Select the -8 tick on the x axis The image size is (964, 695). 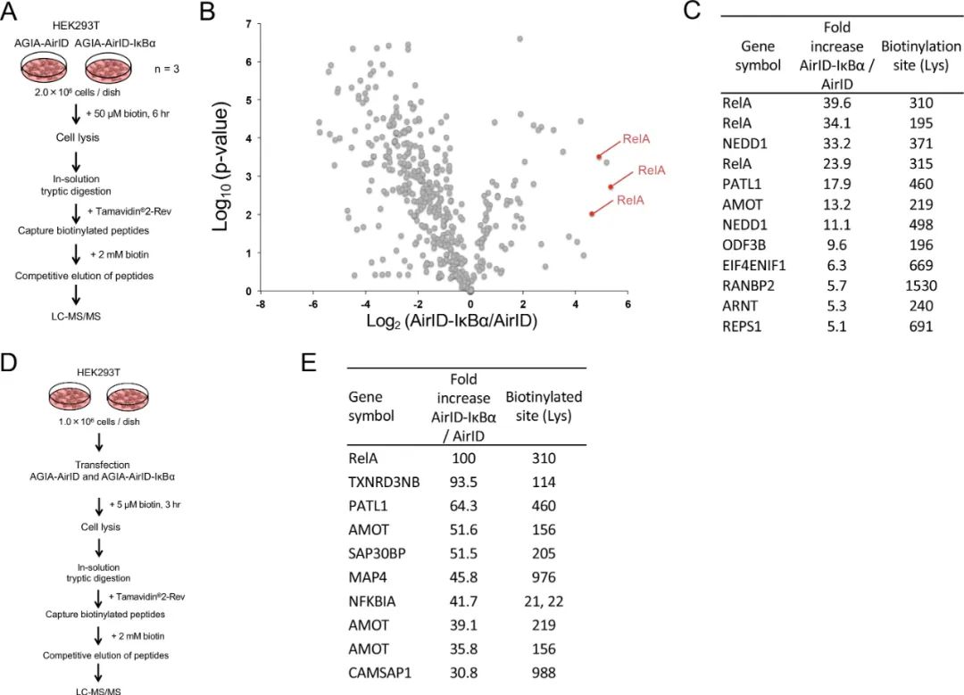[260, 304]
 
